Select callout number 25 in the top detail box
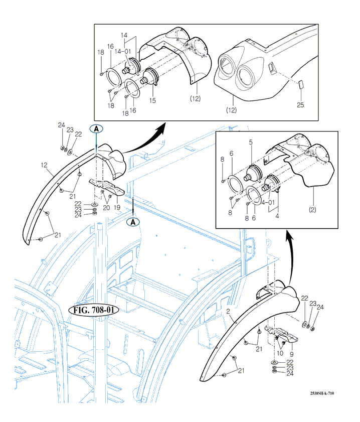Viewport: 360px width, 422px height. [300, 105]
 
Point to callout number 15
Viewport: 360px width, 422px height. [152, 100]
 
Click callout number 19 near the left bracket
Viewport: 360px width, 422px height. [116, 207]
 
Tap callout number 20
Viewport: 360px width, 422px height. [106, 207]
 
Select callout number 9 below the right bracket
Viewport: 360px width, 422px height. [292, 360]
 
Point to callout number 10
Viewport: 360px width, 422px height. [280, 353]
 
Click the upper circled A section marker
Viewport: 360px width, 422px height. [96, 128]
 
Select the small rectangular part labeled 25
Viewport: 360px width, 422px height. [300, 85]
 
